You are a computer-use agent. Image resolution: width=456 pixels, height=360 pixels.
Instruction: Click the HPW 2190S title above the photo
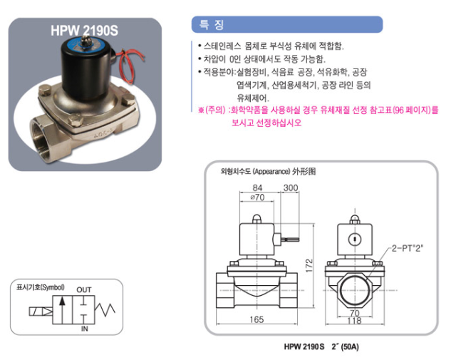click(84, 30)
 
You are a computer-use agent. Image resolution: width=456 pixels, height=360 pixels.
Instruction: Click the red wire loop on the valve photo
click(128, 66)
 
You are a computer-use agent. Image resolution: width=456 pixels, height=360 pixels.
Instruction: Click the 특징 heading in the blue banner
click(212, 24)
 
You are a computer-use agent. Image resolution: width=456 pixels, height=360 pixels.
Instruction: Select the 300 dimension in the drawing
click(291, 187)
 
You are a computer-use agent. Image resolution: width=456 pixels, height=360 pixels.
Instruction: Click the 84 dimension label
click(257, 187)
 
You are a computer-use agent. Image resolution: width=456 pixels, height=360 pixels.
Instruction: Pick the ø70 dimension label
click(257, 197)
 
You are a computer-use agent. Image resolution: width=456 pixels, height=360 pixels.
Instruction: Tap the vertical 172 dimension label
click(309, 265)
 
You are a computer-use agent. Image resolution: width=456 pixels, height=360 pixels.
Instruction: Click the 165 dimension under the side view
click(256, 319)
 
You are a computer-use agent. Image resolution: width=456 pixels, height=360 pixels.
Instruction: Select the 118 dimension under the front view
click(355, 321)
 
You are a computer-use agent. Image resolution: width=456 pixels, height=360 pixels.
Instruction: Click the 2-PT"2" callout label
click(407, 248)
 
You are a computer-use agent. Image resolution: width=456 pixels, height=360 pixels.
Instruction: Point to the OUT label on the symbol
click(84, 290)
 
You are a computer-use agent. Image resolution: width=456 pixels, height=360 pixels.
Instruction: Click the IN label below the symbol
click(84, 329)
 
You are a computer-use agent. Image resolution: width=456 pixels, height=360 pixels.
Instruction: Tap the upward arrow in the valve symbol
click(61, 309)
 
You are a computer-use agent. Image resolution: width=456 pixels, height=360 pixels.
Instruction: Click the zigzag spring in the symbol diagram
click(105, 309)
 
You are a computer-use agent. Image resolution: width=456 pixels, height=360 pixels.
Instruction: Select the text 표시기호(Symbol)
click(41, 287)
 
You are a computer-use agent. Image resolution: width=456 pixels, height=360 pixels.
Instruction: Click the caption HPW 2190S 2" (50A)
click(321, 346)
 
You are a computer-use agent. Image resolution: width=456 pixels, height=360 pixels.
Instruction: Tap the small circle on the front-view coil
click(355, 240)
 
